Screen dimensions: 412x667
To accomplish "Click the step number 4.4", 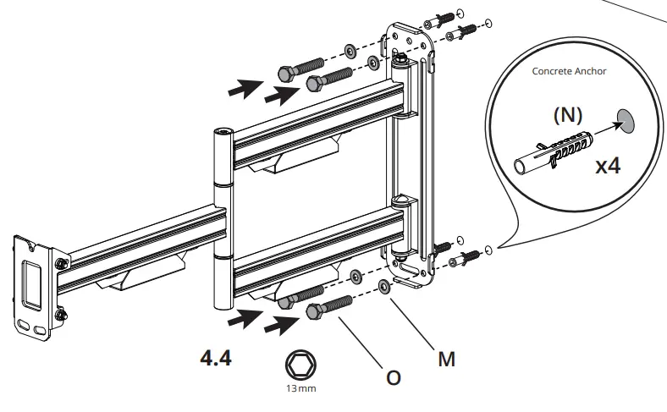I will (x=215, y=358).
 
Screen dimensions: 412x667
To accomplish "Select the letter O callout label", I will (x=393, y=378).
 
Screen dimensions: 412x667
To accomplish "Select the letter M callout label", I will (x=446, y=359).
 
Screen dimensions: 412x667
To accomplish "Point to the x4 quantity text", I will (x=607, y=165).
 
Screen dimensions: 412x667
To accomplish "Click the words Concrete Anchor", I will (x=569, y=71).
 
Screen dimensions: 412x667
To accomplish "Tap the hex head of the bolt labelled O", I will (x=313, y=312).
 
